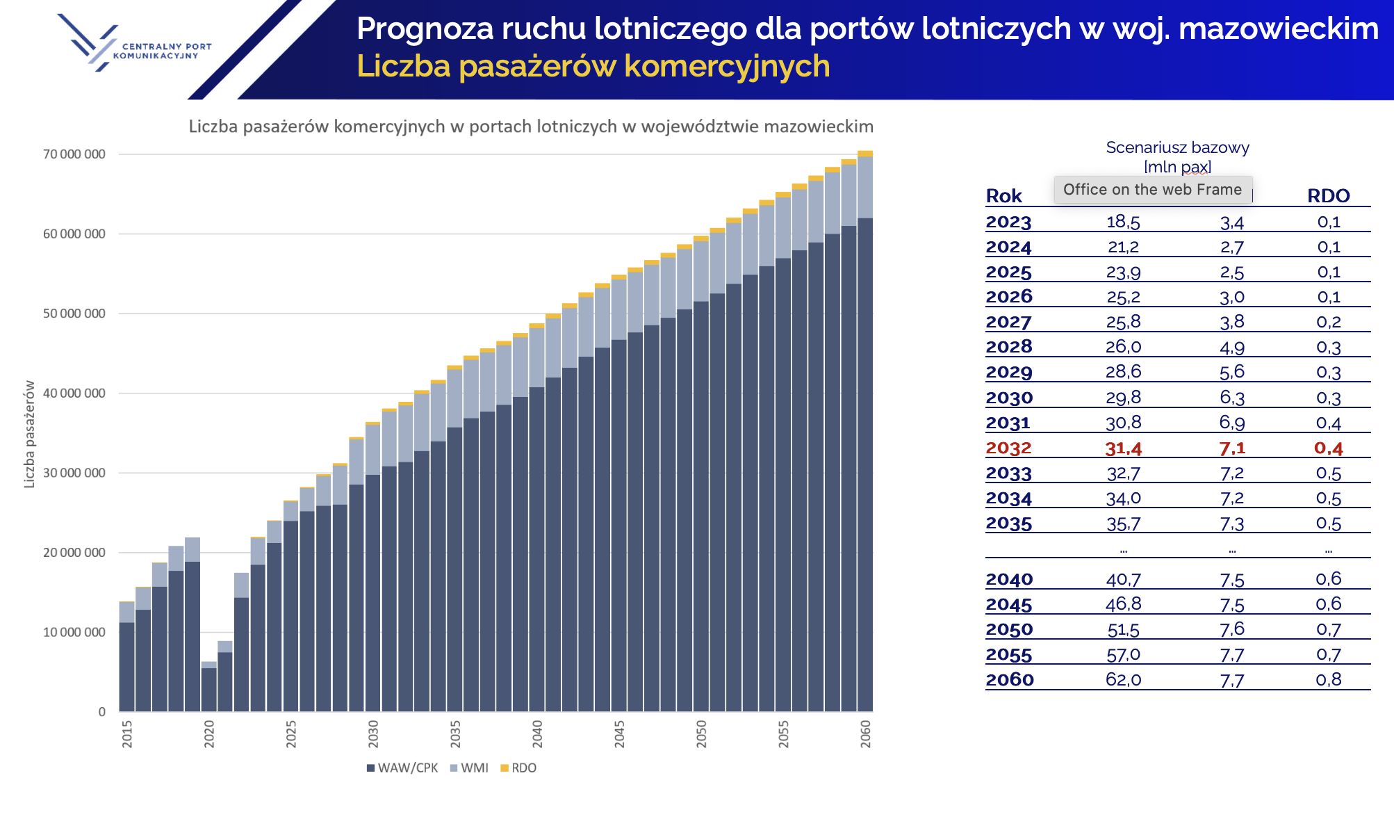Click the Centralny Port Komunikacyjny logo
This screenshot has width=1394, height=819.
(132, 43)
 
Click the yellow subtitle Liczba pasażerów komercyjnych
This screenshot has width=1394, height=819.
(593, 67)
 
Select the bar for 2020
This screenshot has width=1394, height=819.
(209, 688)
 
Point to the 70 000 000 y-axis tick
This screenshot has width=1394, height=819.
(74, 154)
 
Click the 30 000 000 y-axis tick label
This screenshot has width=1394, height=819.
(74, 473)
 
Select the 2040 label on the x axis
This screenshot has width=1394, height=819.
(537, 734)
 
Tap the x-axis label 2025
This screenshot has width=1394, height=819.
(291, 734)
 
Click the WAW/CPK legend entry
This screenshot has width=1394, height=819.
(402, 768)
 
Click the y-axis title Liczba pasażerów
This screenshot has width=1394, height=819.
(29, 434)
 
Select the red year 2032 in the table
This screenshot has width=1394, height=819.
(1008, 448)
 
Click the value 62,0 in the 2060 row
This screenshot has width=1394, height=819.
(1123, 680)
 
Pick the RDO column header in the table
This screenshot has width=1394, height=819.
(1328, 196)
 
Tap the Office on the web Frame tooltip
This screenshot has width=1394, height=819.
(1152, 190)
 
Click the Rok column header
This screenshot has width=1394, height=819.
(1003, 196)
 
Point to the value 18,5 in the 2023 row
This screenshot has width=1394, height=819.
(1123, 222)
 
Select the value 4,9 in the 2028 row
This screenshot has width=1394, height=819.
(1231, 347)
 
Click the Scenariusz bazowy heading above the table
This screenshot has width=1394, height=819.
(1177, 147)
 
